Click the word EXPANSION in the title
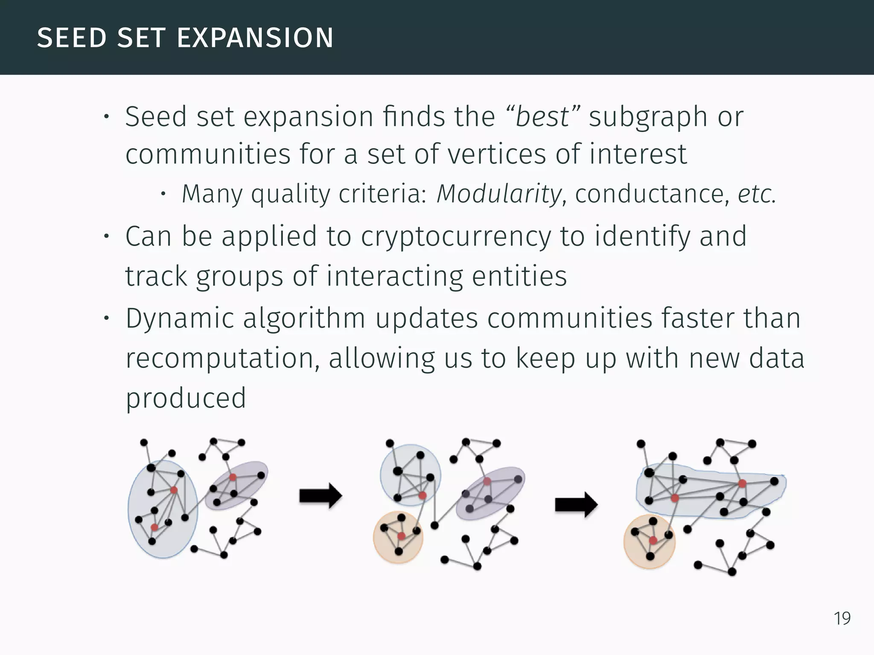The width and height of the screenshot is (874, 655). click(x=255, y=38)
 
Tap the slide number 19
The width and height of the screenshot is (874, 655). click(x=842, y=618)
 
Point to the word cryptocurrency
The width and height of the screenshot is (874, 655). click(x=456, y=237)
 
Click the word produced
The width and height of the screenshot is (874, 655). click(x=186, y=398)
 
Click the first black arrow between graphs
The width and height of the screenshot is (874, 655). click(x=320, y=496)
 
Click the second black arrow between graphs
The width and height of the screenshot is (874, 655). click(x=576, y=505)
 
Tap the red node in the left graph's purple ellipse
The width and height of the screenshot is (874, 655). click(x=233, y=477)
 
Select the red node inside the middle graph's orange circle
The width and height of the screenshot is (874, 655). click(x=401, y=536)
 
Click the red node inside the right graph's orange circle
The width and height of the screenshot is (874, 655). click(x=653, y=541)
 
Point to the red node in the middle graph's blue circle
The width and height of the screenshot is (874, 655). click(x=422, y=496)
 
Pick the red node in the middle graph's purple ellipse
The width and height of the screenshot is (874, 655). click(x=487, y=481)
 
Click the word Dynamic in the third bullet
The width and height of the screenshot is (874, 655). click(x=179, y=319)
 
